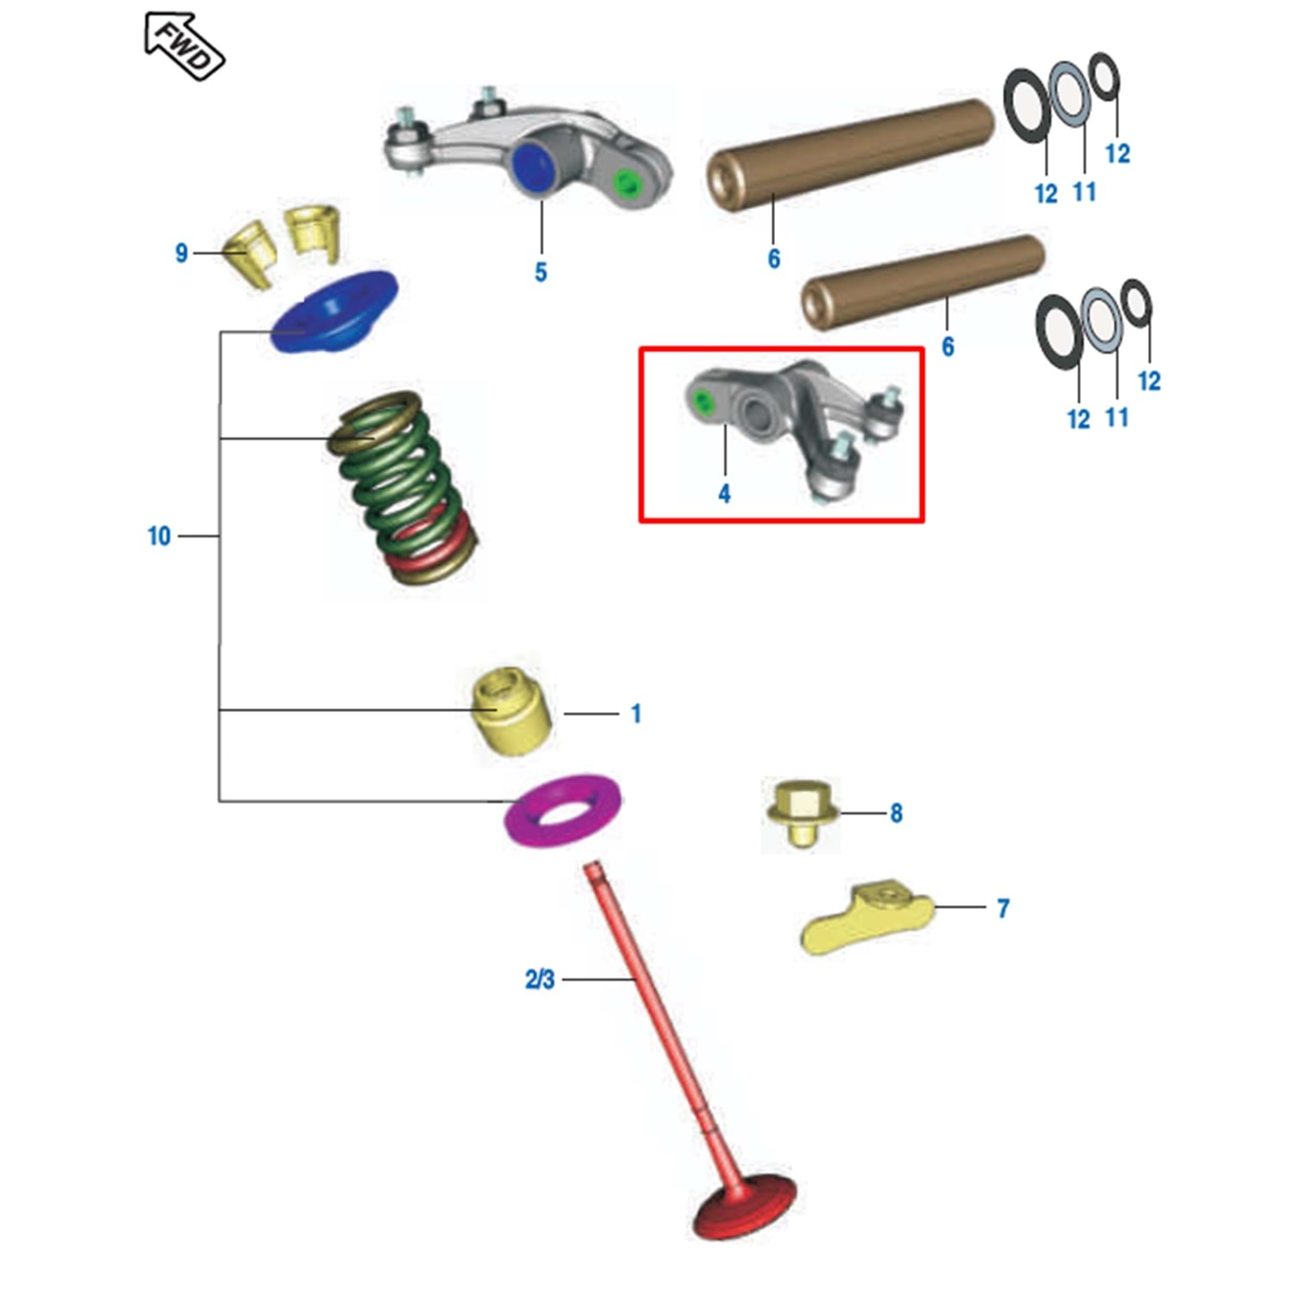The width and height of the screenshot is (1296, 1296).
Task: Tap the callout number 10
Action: [159, 537]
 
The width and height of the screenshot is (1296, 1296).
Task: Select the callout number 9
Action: [181, 253]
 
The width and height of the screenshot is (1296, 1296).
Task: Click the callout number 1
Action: [636, 715]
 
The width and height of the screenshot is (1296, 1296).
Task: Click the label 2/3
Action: [539, 980]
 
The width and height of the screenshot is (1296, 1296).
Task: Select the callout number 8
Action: [896, 813]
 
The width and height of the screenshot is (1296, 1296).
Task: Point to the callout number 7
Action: [1002, 908]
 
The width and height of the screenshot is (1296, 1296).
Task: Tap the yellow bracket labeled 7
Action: [864, 920]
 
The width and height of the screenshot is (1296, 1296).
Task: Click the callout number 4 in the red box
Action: [724, 493]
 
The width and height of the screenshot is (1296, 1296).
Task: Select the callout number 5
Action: [541, 272]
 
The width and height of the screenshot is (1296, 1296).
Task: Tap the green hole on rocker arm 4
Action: [703, 401]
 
